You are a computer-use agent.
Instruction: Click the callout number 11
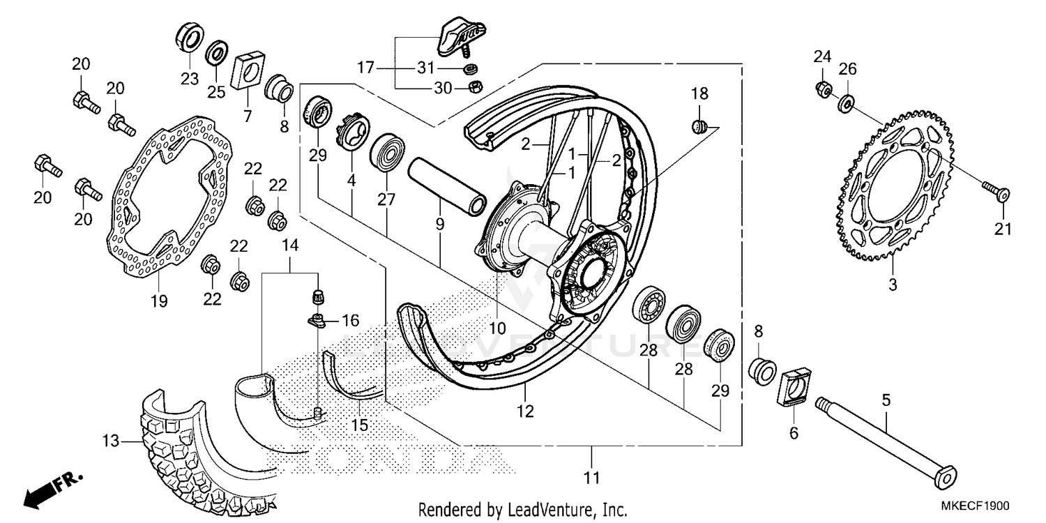pos(592,478)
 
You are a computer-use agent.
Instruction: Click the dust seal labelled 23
pos(190,38)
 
